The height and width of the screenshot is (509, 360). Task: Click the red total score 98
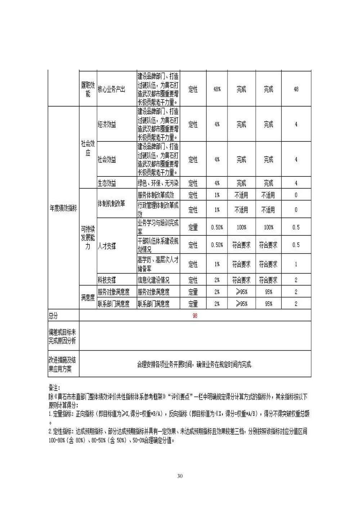coord(195,316)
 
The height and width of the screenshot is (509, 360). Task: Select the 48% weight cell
coord(217,89)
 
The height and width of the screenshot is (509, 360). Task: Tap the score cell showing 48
coord(296,89)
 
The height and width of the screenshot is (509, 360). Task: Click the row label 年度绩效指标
coord(63,208)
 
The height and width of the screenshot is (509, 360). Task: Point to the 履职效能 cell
coord(88,89)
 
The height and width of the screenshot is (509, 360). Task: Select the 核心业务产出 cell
coord(112,89)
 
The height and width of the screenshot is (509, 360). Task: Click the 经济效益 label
coord(107,125)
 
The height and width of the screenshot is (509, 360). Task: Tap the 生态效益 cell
coord(107,183)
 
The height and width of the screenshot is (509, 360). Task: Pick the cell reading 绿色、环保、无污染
coord(158,183)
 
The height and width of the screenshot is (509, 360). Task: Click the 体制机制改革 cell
coord(111,203)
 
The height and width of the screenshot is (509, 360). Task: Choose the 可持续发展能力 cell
coord(88,238)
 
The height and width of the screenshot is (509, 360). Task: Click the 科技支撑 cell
coord(107,280)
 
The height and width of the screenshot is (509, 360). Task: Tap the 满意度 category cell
coord(88,298)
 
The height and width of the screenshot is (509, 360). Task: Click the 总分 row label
coord(53,316)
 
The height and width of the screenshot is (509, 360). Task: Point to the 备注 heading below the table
coord(54,387)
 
